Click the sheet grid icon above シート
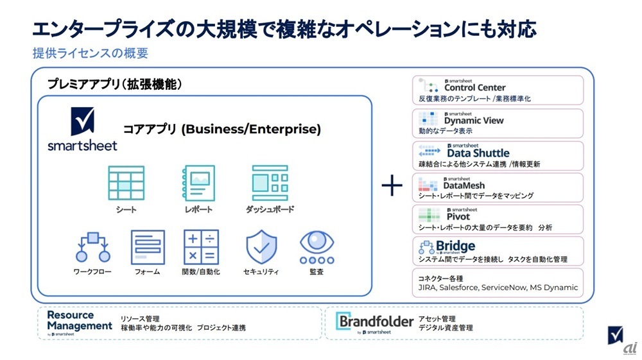126,183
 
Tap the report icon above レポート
199,183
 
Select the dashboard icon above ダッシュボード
270,183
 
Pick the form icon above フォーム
148,247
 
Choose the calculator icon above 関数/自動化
200,247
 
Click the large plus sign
392,186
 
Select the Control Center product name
474,87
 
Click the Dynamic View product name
474,120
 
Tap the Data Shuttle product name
478,153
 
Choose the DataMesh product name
464,185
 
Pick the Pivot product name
457,216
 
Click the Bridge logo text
456,246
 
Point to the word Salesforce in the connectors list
458,287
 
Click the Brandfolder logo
376,321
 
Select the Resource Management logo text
79,320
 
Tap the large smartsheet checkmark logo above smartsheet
82,121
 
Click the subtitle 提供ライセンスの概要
90,53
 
